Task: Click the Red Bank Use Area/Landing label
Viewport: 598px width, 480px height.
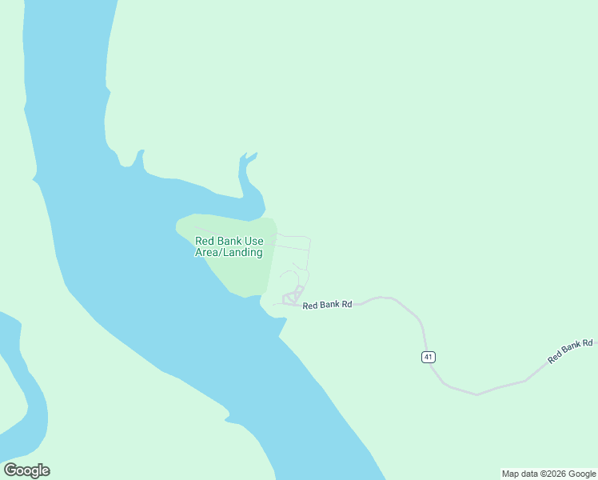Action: pos(229,246)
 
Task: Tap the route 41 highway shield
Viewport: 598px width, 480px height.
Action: pos(429,357)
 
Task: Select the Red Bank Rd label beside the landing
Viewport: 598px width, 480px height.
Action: pos(327,305)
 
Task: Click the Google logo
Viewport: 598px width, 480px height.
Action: pos(26,470)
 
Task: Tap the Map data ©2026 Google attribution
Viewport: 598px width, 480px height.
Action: pos(548,474)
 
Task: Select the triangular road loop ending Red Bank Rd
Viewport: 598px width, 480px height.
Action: pos(292,298)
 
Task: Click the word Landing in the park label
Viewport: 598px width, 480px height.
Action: pos(243,253)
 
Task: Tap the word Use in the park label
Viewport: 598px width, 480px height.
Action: pos(254,241)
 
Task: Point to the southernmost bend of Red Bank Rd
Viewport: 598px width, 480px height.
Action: pos(476,394)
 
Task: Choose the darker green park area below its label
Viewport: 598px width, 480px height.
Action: pos(240,276)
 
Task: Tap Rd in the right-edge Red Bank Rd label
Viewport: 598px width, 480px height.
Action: pos(588,343)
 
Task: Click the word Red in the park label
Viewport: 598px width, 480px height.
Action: pos(205,241)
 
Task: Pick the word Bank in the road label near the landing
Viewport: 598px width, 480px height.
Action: pos(330,305)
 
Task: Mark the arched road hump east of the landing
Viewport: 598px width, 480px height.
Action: pos(382,298)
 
